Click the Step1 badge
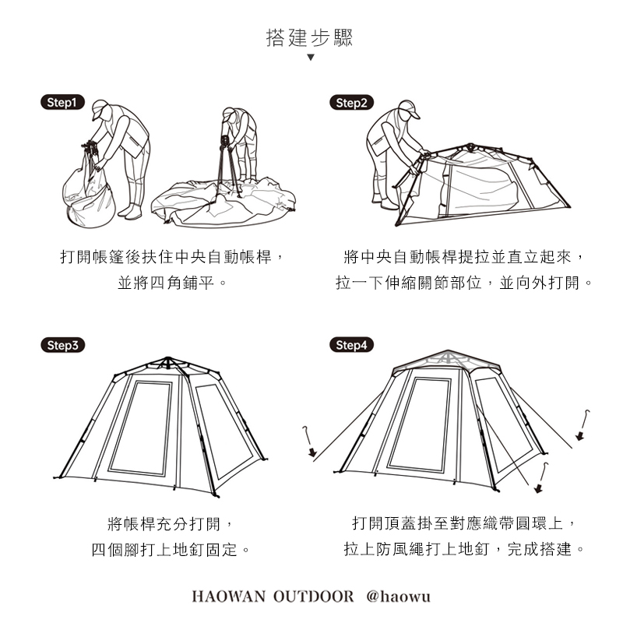click(x=62, y=102)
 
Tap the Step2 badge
click(x=351, y=102)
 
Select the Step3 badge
click(x=62, y=345)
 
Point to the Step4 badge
click(x=351, y=345)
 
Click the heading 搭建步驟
click(x=310, y=37)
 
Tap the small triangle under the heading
click(x=310, y=58)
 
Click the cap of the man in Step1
click(x=99, y=108)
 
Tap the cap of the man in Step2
click(x=407, y=108)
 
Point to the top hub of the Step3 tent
click(x=167, y=361)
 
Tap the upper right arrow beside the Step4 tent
click(x=579, y=436)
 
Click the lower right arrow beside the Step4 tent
click(x=538, y=487)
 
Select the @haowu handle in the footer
click(x=398, y=597)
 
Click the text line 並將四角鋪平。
click(x=172, y=283)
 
